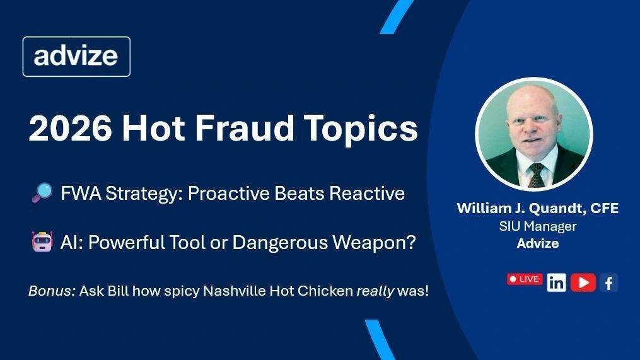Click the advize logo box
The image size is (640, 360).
coord(76,57)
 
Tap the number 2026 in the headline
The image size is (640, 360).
coord(70,128)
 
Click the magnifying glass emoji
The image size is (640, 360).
coord(42,193)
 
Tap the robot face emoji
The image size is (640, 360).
coord(42,241)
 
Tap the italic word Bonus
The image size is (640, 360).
coord(52,291)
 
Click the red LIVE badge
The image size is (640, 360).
coord(525,279)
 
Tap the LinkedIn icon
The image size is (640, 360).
coord(556,282)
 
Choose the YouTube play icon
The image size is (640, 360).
coord(583,282)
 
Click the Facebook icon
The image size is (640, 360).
coord(608,282)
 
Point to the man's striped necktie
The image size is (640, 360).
coord(536,175)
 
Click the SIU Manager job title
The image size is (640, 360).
coord(538,226)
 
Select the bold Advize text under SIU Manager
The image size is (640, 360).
coord(538,243)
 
